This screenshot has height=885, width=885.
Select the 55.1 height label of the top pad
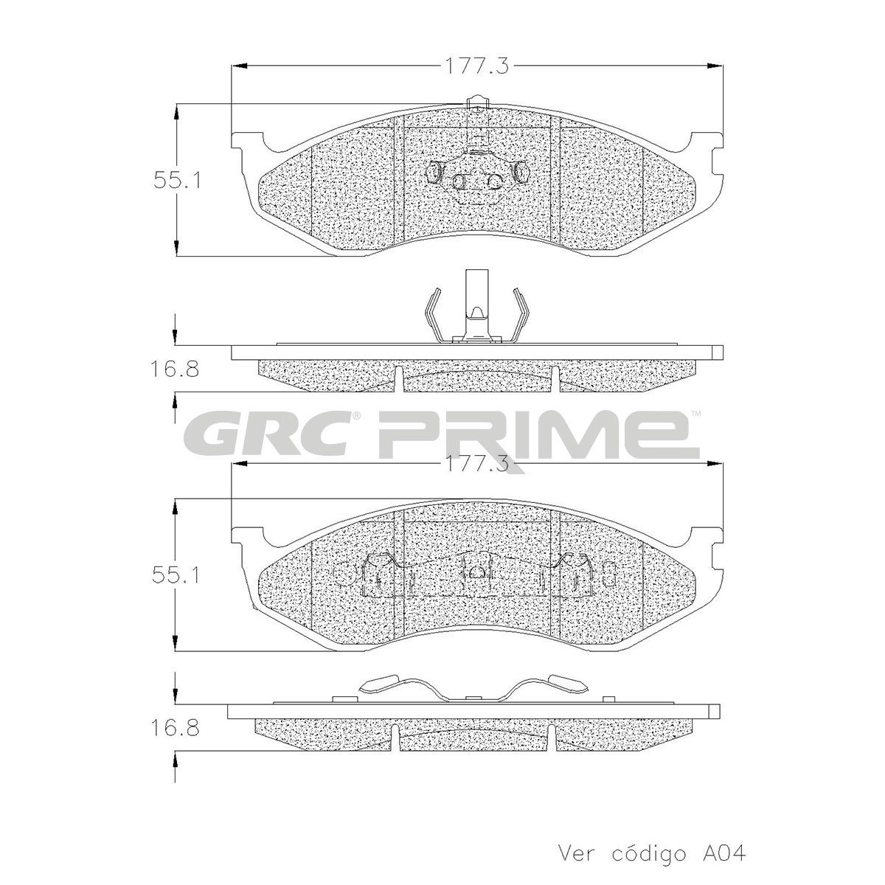[177, 180]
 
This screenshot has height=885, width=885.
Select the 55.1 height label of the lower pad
[176, 575]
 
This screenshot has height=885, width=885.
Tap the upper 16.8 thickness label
[175, 369]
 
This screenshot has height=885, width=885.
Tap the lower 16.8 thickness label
[175, 728]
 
